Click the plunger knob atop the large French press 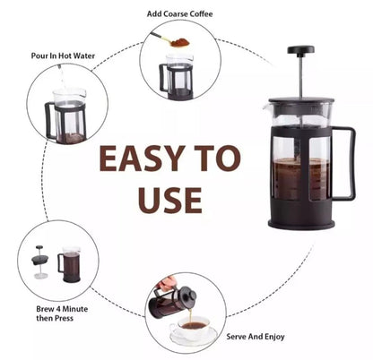[300, 49]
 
